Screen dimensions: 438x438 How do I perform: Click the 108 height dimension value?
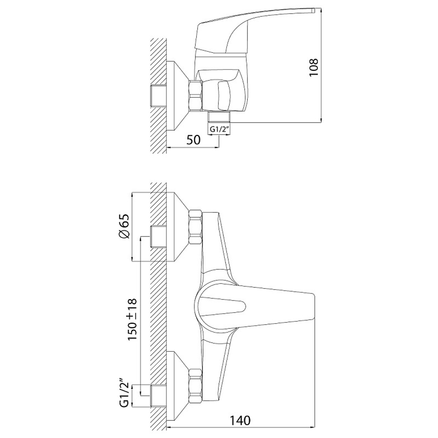pos(314,67)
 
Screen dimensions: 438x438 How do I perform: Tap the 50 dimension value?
pos(194,140)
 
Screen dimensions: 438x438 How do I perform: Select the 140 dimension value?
pos(240,420)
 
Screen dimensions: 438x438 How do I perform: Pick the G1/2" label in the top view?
pos(219,129)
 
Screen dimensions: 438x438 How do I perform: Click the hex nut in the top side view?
pos(195,96)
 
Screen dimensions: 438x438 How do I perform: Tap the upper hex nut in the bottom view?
pos(195,227)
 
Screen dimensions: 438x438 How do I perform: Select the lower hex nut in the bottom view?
pos(195,386)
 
